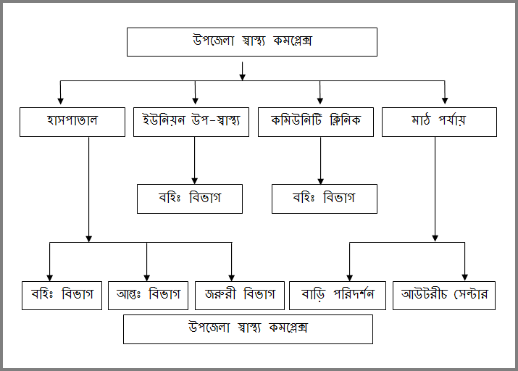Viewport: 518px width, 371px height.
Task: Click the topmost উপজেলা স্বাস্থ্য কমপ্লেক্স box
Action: [x=251, y=42]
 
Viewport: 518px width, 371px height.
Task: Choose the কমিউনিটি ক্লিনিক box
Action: [x=315, y=122]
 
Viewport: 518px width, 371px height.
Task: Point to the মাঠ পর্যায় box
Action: [x=439, y=122]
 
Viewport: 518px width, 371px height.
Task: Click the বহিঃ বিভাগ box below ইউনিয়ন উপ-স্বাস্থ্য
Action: [x=189, y=199]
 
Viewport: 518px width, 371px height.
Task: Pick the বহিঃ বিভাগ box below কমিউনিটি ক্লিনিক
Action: [x=324, y=199]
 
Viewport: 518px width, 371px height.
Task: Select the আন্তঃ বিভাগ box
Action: [x=148, y=295]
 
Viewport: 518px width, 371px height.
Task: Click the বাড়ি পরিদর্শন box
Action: [x=337, y=296]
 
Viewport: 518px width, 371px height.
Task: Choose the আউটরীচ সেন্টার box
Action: [x=444, y=296]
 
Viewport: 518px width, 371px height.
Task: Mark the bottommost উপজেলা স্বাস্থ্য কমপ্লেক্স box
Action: [x=248, y=329]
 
